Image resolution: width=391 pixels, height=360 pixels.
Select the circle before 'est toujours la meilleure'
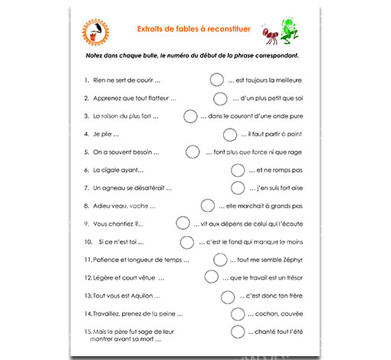pos(216,79)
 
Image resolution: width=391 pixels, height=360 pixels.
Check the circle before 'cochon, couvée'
pos(236,313)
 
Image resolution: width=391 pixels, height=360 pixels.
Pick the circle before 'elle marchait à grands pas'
pos(208,205)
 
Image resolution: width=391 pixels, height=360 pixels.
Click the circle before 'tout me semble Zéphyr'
pos(220,259)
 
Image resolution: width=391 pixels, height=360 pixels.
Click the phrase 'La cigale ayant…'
pos(118,169)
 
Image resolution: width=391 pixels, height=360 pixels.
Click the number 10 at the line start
pos(88,241)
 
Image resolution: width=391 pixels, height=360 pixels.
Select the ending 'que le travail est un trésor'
pos(267,277)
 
